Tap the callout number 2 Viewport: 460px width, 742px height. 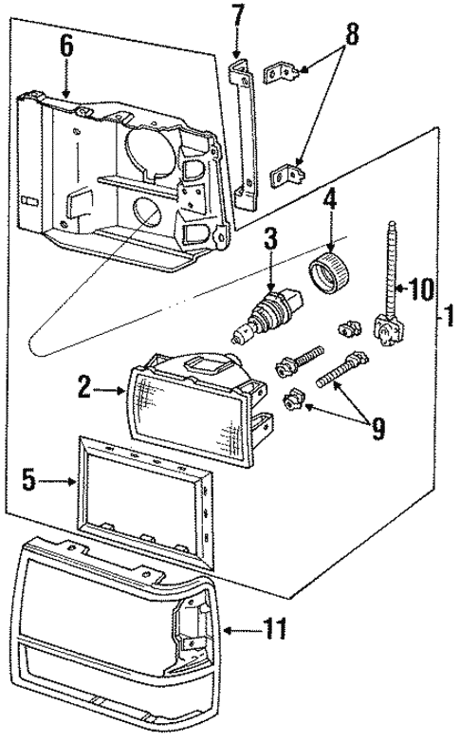(84, 386)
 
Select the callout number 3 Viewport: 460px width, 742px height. (270, 238)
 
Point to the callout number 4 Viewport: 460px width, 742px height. (329, 200)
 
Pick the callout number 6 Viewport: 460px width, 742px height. (65, 45)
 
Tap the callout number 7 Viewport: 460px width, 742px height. (237, 15)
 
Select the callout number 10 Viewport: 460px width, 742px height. (420, 288)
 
